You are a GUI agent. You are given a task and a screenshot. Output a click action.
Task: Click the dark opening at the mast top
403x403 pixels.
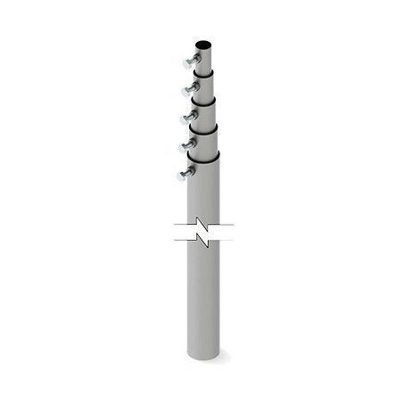(202, 43)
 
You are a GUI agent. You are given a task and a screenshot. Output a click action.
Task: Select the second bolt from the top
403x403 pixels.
(190, 87)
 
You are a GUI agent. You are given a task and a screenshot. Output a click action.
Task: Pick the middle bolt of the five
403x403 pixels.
(189, 116)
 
